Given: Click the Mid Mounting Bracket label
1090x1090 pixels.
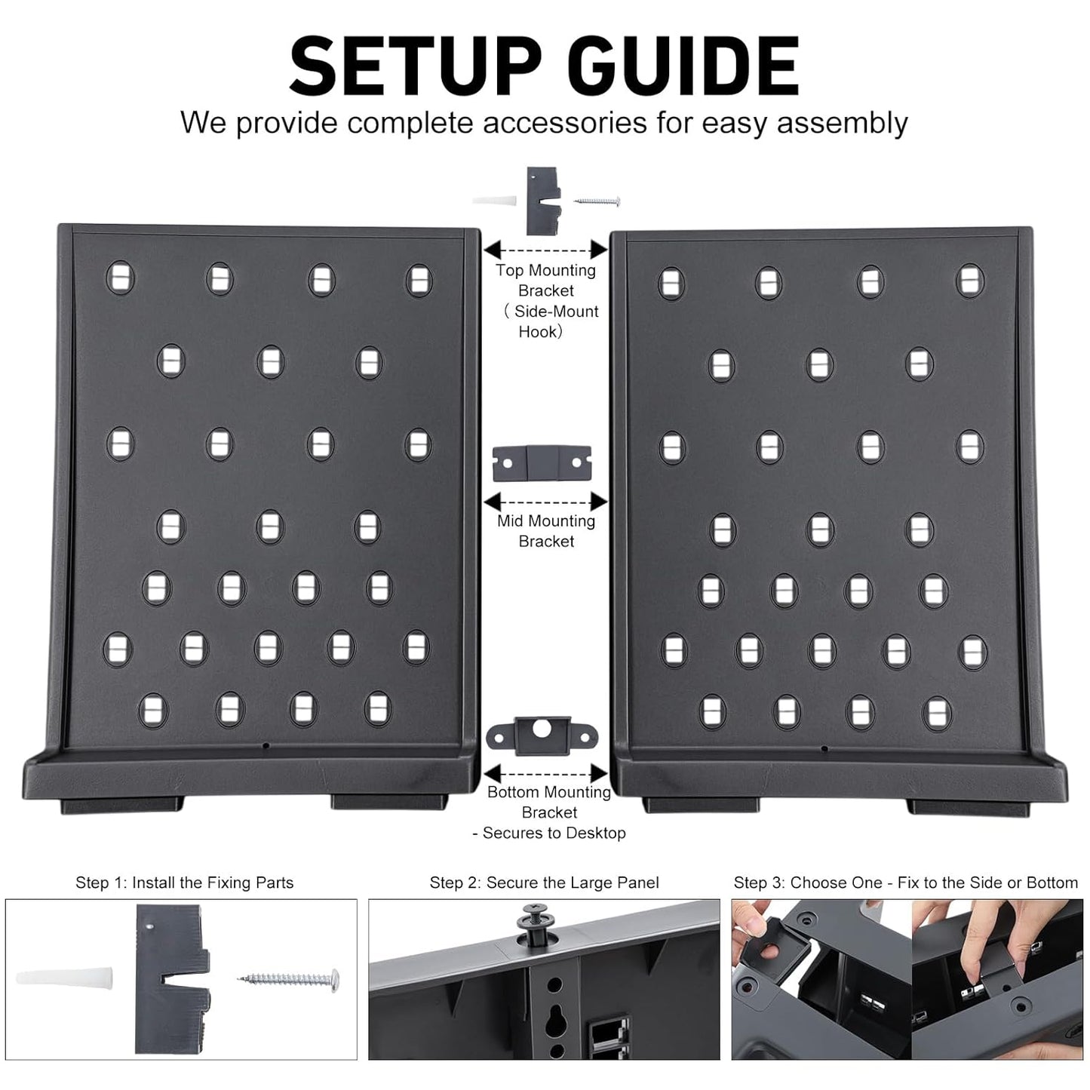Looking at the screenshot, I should [x=546, y=531].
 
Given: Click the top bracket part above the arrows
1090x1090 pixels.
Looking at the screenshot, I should [x=544, y=201].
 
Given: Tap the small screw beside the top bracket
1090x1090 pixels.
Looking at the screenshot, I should [x=597, y=201].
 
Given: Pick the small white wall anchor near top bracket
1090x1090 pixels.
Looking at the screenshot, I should [x=495, y=201].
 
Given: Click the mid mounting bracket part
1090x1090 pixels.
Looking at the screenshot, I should [x=542, y=463].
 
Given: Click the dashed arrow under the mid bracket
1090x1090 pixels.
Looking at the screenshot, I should [x=545, y=502].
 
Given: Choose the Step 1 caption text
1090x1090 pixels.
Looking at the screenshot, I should [x=184, y=883].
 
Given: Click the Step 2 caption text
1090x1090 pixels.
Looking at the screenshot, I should [x=544, y=883].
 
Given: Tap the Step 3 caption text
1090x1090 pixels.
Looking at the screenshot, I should [x=905, y=883].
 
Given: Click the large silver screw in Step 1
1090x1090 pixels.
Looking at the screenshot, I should [x=291, y=979].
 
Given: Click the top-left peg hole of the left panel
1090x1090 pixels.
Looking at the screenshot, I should [x=120, y=278].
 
